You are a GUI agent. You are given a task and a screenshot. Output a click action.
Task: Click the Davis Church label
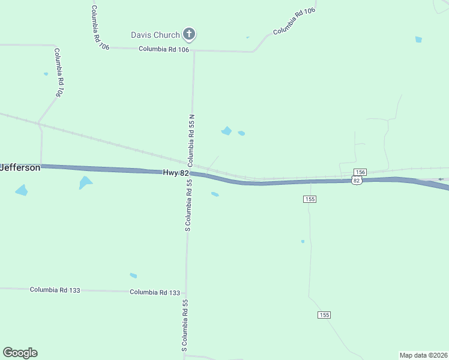155,35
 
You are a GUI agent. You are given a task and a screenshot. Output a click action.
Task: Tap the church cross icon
189,34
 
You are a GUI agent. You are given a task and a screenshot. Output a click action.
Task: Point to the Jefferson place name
20,167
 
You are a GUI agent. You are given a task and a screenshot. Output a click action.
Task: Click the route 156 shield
360,172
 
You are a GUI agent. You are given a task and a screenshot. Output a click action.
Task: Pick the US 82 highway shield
357,180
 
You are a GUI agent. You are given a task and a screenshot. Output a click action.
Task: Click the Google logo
20,353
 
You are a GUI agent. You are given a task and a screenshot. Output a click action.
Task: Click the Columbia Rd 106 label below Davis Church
164,49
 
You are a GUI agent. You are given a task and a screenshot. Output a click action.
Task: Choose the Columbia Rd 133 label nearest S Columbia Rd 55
155,292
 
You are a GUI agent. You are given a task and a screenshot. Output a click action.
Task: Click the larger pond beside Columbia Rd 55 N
226,131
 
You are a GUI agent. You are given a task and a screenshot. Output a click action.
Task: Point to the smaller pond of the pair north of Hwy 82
241,133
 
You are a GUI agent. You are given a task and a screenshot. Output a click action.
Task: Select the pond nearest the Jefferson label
22,191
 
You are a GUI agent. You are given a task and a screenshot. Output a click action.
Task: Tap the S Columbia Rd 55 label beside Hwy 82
188,205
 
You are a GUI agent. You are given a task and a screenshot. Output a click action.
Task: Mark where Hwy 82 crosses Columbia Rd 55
190,173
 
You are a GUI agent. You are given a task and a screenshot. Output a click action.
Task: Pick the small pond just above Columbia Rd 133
133,275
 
